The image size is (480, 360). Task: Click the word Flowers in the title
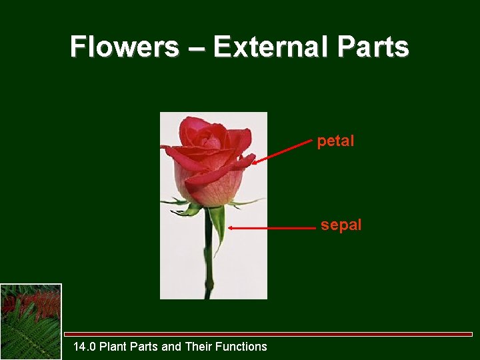(x=124, y=47)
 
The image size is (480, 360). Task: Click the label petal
(x=335, y=141)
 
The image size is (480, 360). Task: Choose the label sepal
(x=341, y=225)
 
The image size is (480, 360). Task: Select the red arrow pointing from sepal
(x=273, y=228)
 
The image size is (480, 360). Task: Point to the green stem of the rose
(x=209, y=267)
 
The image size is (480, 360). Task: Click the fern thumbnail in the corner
(x=31, y=321)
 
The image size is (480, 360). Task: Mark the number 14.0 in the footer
(x=85, y=347)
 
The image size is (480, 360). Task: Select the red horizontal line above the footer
(x=267, y=334)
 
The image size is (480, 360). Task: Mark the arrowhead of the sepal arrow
(x=231, y=228)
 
